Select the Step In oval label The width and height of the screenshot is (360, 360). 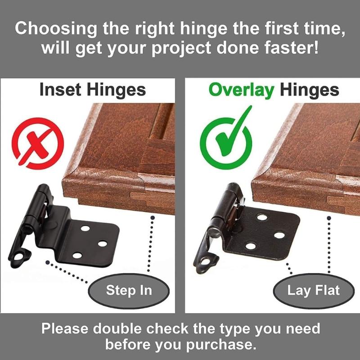[x=128, y=289]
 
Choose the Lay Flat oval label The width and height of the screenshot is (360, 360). [x=314, y=289]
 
